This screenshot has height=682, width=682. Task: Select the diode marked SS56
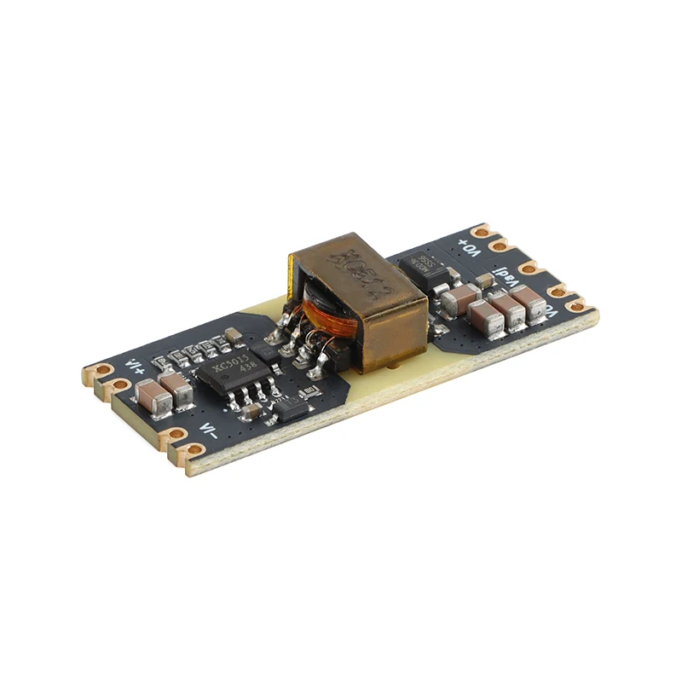tap(427, 267)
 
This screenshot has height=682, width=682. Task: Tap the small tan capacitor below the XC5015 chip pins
tap(250, 413)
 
